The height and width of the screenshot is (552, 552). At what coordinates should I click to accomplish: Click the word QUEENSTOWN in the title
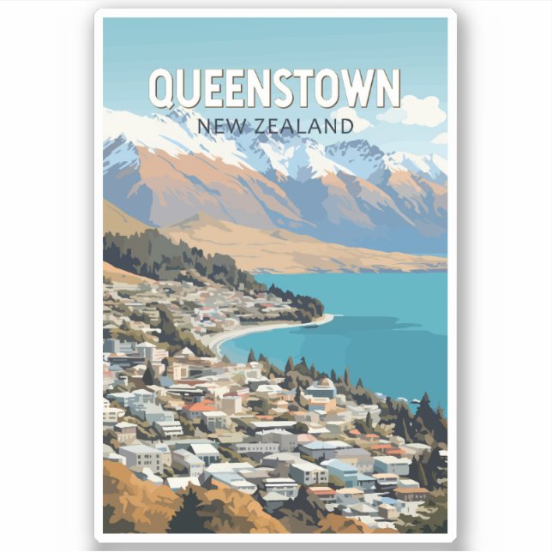[x=274, y=88]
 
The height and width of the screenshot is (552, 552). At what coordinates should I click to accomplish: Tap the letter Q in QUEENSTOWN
[x=162, y=89]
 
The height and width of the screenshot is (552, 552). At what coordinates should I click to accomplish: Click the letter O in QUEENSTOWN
[x=333, y=88]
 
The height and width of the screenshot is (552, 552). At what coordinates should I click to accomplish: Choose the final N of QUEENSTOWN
[x=387, y=88]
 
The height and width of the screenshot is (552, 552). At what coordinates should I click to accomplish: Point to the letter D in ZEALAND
[x=345, y=126]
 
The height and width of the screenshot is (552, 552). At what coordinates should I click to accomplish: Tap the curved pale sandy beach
[x=249, y=331]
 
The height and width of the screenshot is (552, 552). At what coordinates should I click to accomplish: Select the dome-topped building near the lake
[x=322, y=387]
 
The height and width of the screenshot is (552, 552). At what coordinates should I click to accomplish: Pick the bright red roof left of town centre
[x=200, y=406]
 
